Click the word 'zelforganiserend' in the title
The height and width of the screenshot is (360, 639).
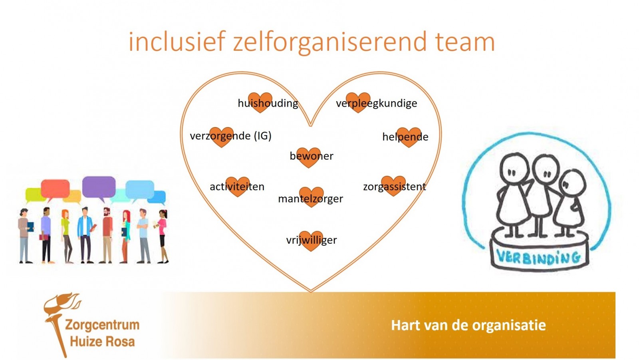pyautogui.click(x=330, y=43)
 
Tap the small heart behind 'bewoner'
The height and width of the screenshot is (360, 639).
pyautogui.click(x=308, y=157)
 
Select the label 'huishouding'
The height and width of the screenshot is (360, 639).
pyautogui.click(x=268, y=103)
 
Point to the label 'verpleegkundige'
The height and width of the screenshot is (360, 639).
pyautogui.click(x=376, y=103)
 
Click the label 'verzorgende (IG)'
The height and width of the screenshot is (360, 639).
pyautogui.click(x=230, y=136)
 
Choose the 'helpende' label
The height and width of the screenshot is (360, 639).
pyautogui.click(x=405, y=137)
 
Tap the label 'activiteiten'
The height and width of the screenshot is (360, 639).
pyautogui.click(x=237, y=187)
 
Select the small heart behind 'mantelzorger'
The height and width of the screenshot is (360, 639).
pyautogui.click(x=311, y=197)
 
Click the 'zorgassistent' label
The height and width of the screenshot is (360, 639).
pyautogui.click(x=394, y=187)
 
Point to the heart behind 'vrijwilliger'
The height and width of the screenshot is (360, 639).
pyautogui.click(x=311, y=241)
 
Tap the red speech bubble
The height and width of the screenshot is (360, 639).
pyautogui.click(x=55, y=189)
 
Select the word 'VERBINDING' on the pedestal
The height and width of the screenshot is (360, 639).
pyautogui.click(x=538, y=257)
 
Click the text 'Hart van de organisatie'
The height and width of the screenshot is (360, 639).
pyautogui.click(x=468, y=325)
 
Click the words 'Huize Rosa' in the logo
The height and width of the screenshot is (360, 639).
pyautogui.click(x=102, y=342)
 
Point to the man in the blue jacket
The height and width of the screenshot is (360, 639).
pyautogui.click(x=85, y=235)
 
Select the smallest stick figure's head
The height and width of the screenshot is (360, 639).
pyautogui.click(x=572, y=183)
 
